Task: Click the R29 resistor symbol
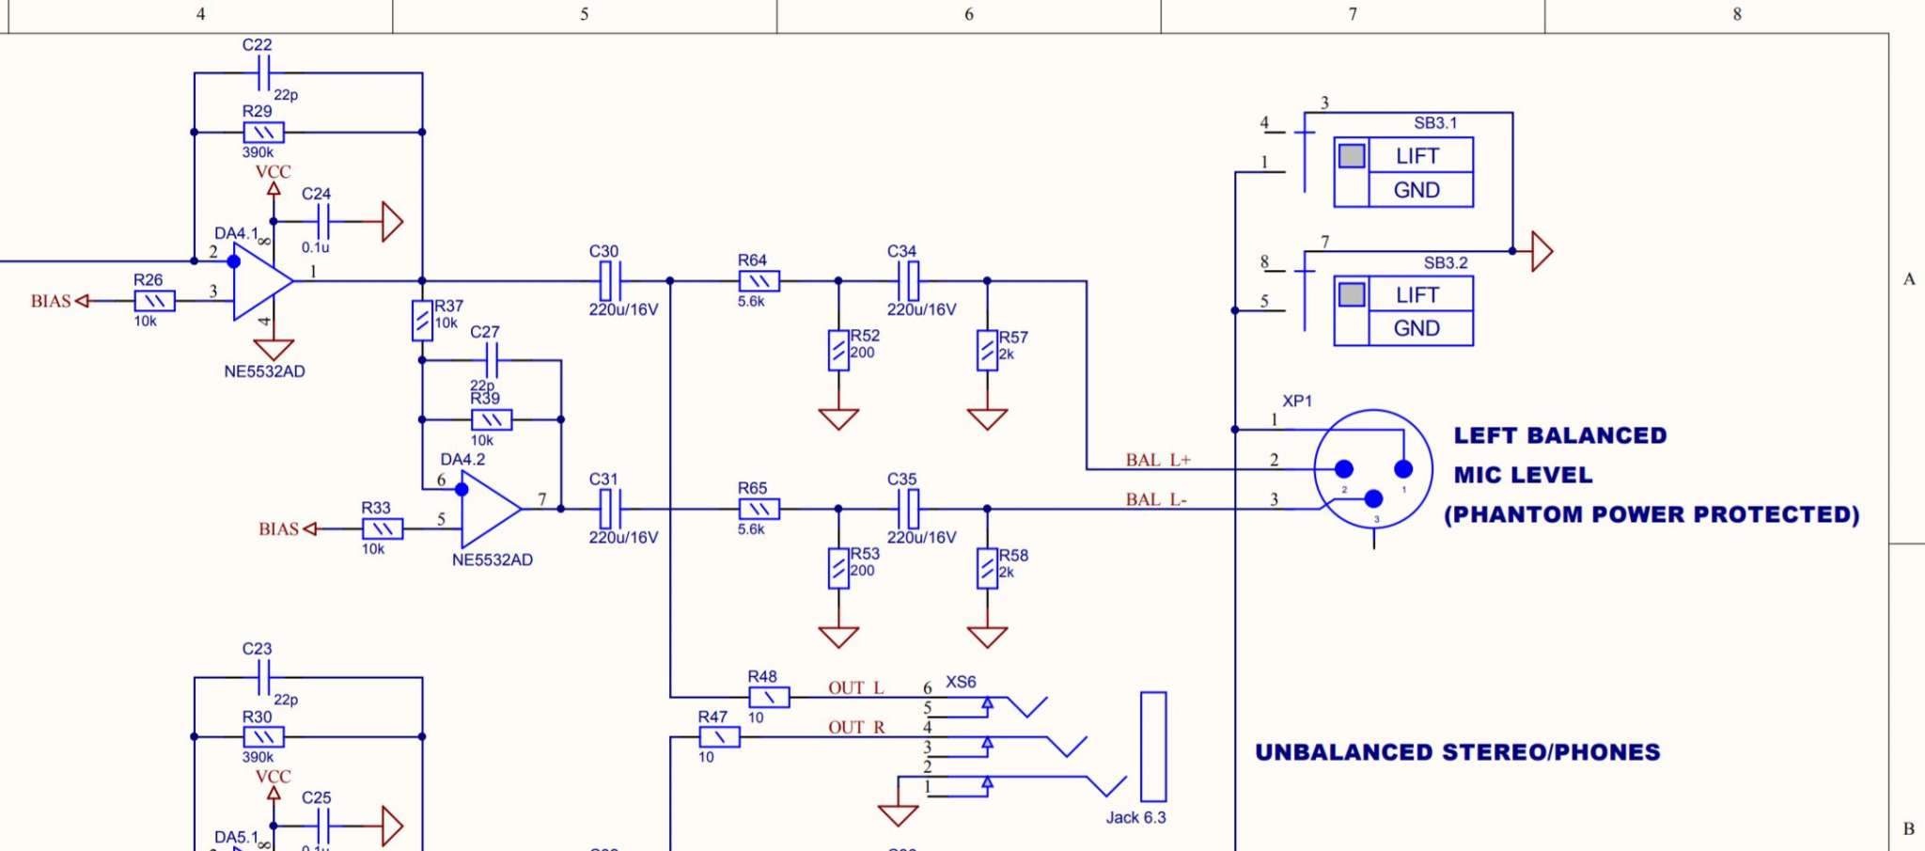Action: click(263, 133)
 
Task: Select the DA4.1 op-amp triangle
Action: click(262, 281)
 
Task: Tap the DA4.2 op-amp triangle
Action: click(491, 510)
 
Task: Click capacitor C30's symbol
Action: click(611, 281)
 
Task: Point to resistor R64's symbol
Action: click(759, 281)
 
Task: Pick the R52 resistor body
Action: click(838, 350)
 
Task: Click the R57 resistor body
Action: click(987, 350)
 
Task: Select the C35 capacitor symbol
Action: click(909, 509)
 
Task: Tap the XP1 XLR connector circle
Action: click(1373, 469)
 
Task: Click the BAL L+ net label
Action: click(1158, 460)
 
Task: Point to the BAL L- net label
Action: click(1156, 499)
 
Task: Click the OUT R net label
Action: click(856, 727)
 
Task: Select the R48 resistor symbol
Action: click(769, 697)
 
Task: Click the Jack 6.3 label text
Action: click(1135, 817)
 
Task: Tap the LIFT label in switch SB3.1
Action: click(1416, 156)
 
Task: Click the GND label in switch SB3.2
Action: click(1416, 328)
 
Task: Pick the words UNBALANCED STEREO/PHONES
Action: click(1458, 752)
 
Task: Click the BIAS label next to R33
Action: click(278, 529)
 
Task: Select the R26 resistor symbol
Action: click(154, 301)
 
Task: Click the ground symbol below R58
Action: click(987, 636)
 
